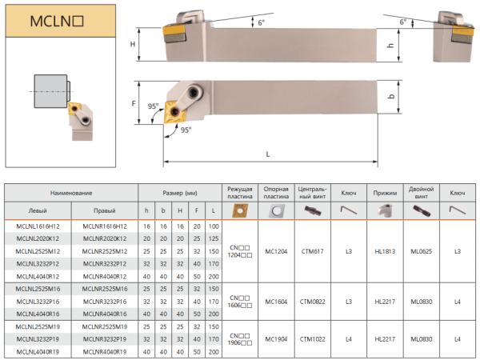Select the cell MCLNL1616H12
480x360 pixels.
tap(38, 228)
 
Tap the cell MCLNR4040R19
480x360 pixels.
tap(104, 351)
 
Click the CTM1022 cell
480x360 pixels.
tap(312, 339)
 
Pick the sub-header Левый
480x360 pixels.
tap(38, 210)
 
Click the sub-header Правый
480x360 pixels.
tap(104, 210)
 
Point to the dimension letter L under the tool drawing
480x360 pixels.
tap(267, 154)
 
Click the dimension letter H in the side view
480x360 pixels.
tap(133, 45)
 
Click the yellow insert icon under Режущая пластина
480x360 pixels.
tap(239, 210)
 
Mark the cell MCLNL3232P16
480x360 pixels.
tap(38, 302)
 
